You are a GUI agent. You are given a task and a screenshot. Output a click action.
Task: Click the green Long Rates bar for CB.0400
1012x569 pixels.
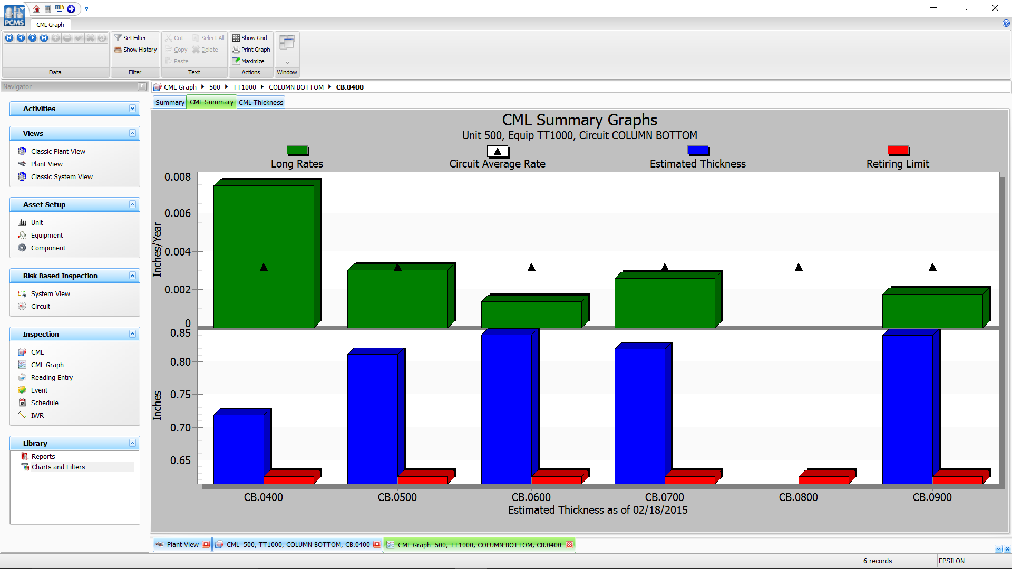(264, 257)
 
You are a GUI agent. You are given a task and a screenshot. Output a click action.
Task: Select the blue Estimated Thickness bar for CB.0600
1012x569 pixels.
(506, 408)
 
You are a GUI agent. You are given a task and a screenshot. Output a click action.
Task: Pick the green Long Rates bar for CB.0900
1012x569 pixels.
(932, 311)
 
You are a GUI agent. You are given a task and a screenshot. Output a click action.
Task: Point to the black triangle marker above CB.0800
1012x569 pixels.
(799, 268)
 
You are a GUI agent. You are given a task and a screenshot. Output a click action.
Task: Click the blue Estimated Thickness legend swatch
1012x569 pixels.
(698, 151)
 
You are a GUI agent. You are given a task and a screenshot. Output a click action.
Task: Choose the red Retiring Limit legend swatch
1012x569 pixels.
(898, 151)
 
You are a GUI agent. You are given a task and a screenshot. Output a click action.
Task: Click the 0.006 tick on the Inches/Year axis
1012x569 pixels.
(178, 213)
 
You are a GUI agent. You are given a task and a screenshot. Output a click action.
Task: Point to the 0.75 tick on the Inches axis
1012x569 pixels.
(180, 395)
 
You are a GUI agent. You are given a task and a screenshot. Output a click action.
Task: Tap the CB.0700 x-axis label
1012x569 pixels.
(664, 497)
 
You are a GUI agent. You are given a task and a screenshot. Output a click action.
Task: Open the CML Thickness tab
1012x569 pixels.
(261, 102)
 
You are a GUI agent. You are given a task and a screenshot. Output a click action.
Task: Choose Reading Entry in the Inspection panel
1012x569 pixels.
(52, 378)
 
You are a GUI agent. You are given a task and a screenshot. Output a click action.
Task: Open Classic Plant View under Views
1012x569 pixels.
(58, 152)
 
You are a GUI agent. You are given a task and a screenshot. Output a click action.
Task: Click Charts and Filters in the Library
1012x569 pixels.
(58, 467)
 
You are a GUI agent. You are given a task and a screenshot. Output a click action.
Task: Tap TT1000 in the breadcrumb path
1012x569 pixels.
(244, 87)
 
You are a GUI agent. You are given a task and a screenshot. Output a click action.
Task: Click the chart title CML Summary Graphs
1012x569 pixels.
(579, 120)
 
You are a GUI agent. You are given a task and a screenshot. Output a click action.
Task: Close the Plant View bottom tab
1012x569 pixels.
(206, 545)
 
